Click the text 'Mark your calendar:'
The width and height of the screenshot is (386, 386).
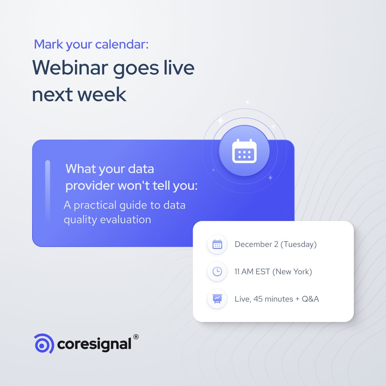point(91,44)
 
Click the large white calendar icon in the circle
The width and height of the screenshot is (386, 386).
point(244,151)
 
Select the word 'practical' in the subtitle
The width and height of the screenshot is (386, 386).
point(95,205)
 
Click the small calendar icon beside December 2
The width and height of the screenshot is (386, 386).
point(217,244)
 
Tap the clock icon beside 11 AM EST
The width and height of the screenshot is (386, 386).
point(217,272)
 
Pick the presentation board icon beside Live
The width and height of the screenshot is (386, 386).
point(217,299)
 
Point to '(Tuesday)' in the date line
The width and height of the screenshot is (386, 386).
point(299,244)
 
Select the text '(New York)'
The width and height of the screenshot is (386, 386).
point(292,272)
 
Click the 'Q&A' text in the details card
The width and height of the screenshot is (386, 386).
point(310,299)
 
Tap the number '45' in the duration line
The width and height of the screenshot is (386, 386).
point(258,299)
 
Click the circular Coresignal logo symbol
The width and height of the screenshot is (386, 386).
point(44,344)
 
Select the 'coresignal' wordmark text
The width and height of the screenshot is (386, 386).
point(94,344)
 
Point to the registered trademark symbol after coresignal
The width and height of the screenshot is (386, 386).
point(136,337)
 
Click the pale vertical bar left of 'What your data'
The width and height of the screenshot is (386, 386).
point(48,191)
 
